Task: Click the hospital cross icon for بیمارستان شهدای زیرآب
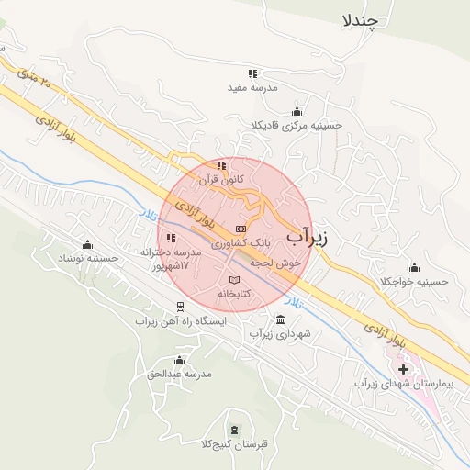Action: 403,368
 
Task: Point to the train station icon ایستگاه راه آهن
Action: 179,308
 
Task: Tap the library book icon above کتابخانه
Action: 234,279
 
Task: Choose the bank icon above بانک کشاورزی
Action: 241,229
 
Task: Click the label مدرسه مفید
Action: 251,88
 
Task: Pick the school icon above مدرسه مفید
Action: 252,73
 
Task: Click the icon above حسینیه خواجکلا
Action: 414,267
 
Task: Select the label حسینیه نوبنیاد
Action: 88,258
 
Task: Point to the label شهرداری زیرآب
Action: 281,333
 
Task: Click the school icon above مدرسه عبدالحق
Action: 179,360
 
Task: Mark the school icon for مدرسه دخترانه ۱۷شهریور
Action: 171,238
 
